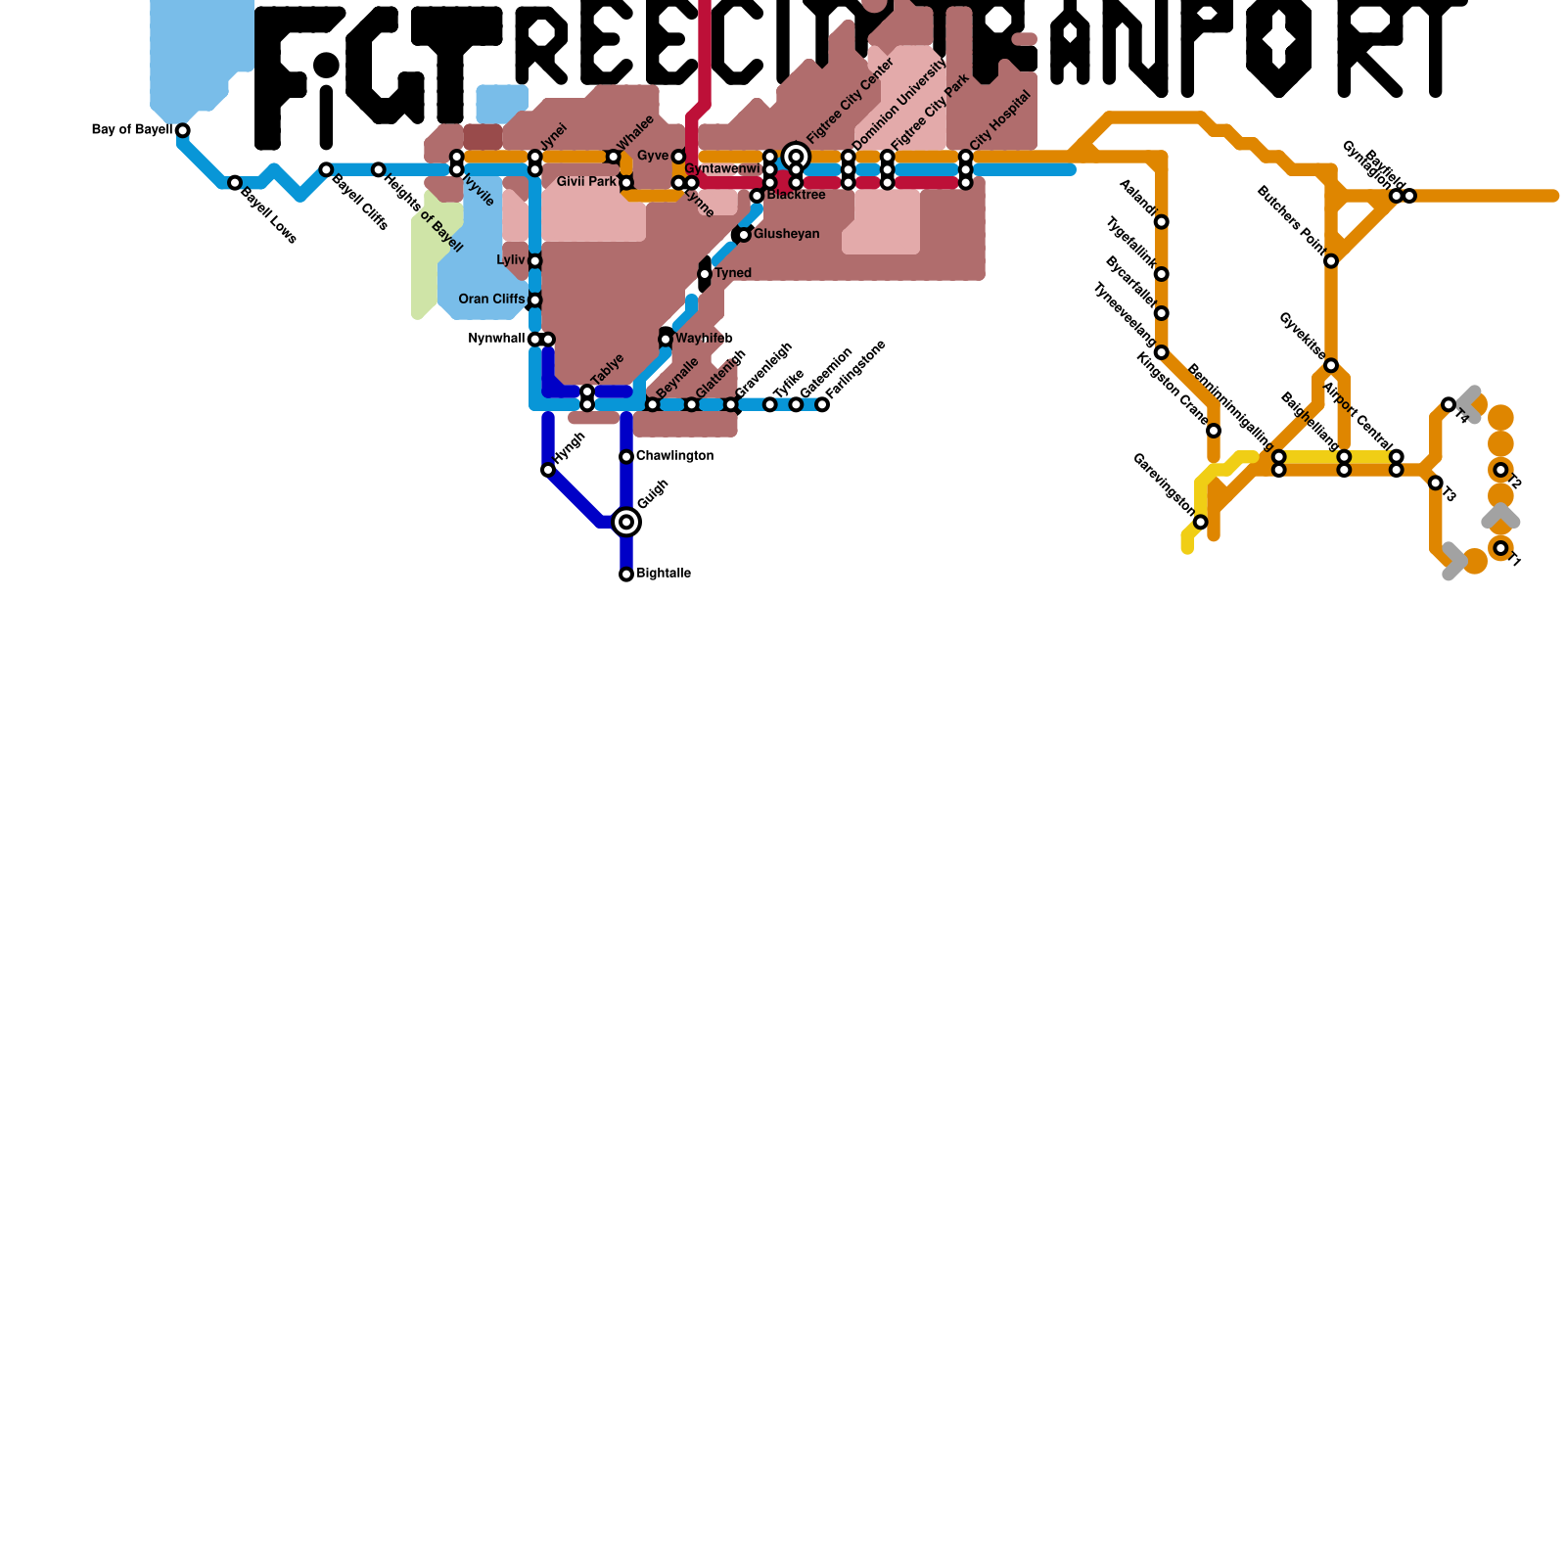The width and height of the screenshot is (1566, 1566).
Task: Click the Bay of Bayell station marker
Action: coord(182,130)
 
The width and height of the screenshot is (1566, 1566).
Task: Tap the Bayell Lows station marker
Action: coord(235,183)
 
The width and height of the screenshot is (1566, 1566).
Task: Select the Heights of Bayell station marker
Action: coord(379,170)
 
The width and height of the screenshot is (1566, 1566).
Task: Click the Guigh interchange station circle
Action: coord(626,523)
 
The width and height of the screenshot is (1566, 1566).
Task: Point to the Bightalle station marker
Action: coord(626,575)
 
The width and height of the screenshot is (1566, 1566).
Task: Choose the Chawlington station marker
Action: coord(626,457)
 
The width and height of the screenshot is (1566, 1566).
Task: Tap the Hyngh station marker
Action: coord(548,471)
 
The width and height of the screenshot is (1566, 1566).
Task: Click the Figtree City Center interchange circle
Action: coord(797,157)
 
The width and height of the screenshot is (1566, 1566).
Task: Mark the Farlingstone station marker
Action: coord(822,404)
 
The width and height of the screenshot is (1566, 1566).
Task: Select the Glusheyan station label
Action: coord(786,235)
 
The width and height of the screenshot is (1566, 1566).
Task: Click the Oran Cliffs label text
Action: coord(491,299)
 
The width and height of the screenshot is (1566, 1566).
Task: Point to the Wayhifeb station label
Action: coord(704,339)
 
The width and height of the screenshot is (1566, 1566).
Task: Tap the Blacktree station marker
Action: coord(757,196)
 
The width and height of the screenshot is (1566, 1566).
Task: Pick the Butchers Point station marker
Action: coord(1331,260)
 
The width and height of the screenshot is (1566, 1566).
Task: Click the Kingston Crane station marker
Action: coord(1214,431)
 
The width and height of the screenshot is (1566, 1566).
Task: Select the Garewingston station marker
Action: coord(1201,522)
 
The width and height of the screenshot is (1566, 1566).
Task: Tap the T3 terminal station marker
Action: coord(1435,483)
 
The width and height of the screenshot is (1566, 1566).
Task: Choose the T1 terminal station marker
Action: coord(1501,548)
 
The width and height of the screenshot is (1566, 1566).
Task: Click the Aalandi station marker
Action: coord(1161,222)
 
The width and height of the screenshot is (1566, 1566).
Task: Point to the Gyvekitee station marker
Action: coord(1331,365)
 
